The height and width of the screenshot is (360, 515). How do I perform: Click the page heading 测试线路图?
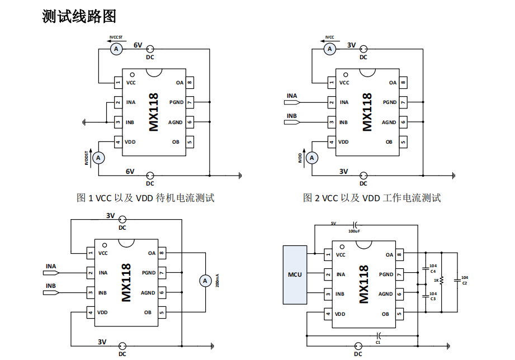point(79,17)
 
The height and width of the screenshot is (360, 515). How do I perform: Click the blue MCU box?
point(295,274)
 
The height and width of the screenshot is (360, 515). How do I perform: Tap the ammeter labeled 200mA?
point(205,280)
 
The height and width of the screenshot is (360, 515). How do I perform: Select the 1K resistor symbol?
point(442,280)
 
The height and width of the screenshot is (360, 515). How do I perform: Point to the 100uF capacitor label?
point(354,230)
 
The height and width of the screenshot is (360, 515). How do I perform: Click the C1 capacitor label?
point(378,342)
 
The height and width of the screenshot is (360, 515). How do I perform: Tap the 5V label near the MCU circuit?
point(333,223)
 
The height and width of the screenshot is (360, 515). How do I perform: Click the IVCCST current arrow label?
point(116,37)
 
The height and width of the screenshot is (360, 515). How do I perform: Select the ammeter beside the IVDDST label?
point(98,158)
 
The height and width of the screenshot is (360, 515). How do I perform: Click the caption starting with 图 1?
point(145,198)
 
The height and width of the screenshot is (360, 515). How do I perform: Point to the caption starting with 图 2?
point(372,198)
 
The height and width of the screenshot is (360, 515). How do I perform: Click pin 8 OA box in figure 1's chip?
point(190,83)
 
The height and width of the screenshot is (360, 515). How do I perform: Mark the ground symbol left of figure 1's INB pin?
point(84,122)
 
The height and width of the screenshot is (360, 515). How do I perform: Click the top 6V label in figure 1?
point(138,45)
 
